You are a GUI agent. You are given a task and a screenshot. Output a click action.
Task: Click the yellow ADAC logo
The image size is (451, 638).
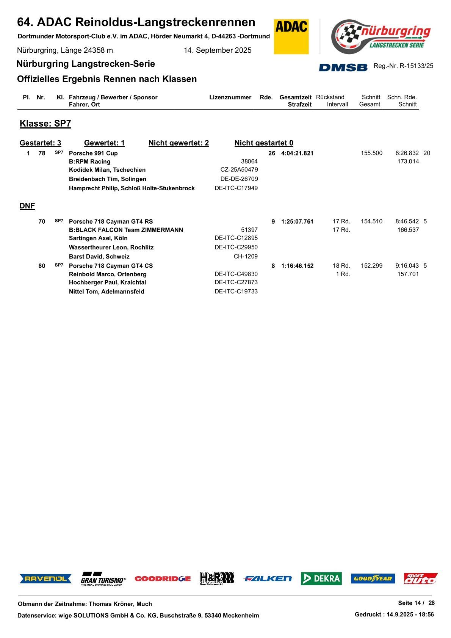(x=291, y=37)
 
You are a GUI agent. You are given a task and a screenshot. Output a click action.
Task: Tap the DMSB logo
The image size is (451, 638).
(x=343, y=67)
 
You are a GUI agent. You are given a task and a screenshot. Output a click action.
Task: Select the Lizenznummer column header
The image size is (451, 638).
(x=230, y=97)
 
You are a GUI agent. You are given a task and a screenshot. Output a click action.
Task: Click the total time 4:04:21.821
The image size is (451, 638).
(x=297, y=153)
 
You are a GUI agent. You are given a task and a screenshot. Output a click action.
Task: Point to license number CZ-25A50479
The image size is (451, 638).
(x=239, y=170)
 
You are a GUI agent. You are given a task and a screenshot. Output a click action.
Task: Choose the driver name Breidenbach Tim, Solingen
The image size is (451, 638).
(x=108, y=179)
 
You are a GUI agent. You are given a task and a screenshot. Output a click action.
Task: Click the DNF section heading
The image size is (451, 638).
(x=27, y=206)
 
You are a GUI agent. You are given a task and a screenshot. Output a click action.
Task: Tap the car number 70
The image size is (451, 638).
(x=42, y=221)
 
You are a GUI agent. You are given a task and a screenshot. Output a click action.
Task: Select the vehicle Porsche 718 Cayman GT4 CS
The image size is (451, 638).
(x=111, y=266)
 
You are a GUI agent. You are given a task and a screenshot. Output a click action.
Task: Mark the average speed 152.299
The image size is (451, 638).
(x=371, y=266)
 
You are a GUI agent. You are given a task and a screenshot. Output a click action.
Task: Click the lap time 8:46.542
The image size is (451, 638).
(x=407, y=221)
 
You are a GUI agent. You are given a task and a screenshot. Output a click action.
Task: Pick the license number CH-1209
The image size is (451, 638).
(x=246, y=256)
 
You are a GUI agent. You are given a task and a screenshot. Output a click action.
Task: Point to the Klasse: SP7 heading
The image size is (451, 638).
(x=45, y=124)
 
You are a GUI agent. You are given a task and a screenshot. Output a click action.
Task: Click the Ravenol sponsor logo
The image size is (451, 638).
(x=45, y=578)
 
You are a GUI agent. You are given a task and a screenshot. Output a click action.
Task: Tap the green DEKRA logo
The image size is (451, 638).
(x=321, y=578)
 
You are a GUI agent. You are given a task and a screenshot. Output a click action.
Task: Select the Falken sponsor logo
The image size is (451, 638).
(x=268, y=578)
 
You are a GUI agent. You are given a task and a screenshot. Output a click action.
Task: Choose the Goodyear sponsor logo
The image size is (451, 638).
(x=373, y=578)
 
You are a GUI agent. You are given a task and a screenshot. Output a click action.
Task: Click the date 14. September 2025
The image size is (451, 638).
(x=218, y=50)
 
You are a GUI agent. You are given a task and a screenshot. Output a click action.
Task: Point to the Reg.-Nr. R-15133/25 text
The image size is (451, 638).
(x=403, y=66)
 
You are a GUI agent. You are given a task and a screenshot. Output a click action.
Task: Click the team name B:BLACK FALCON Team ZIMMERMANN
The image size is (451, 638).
(x=126, y=230)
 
